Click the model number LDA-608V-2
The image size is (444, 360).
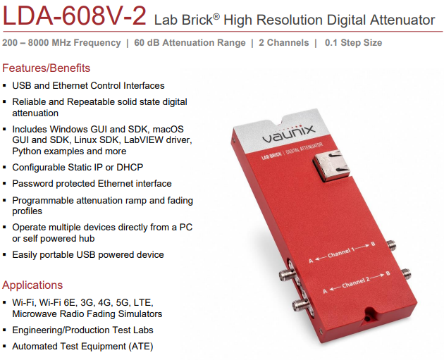coord(75,15)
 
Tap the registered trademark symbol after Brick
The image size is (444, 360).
coord(216,16)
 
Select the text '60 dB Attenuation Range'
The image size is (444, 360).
coord(190,43)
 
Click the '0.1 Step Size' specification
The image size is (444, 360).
coord(353,43)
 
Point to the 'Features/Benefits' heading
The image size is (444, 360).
coord(46,68)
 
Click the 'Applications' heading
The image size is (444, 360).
coord(32,285)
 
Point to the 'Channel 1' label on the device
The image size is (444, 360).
coord(341,252)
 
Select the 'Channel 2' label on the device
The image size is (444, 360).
coord(356,283)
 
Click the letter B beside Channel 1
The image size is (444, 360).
coord(373,244)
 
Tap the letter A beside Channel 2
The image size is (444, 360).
coord(325,291)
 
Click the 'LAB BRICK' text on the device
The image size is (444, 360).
coord(271,156)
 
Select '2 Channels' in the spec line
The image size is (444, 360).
coord(284,43)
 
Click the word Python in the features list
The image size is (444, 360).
coord(27,151)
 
